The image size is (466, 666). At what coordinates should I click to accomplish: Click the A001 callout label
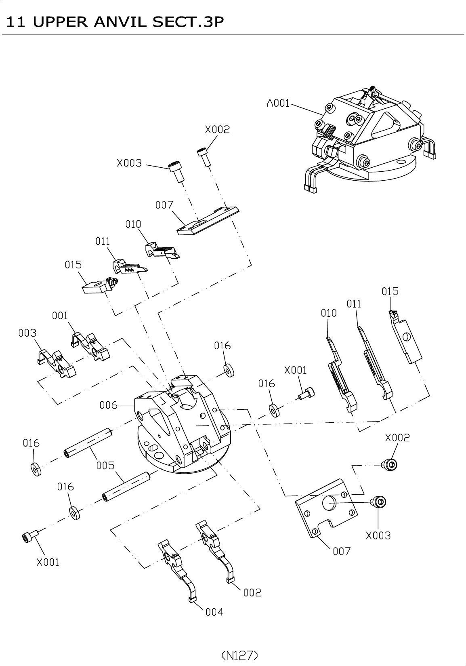[x=278, y=103]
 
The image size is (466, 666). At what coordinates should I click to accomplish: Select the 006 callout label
[x=108, y=405]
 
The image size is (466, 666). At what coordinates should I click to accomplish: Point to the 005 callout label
[x=105, y=466]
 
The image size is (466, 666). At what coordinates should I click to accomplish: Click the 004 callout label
[x=214, y=612]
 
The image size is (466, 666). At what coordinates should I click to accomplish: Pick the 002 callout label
[x=252, y=592]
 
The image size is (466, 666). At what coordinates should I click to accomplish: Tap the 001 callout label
[x=60, y=316]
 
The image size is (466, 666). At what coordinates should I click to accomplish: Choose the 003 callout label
[x=27, y=333]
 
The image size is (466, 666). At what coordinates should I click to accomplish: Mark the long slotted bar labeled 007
[x=208, y=220]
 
